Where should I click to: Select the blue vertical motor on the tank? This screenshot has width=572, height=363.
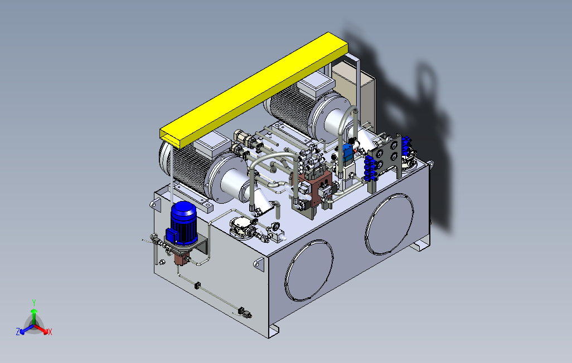pos(182,223)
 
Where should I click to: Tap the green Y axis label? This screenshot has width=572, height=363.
pos(34,302)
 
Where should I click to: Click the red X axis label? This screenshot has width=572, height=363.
pos(50,332)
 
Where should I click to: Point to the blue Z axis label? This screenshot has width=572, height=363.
pos(17,331)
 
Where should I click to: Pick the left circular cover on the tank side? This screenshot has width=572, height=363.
pos(309,271)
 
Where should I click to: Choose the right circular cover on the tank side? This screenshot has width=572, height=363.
pos(390,224)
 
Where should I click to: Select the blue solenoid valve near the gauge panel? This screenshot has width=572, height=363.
pos(348,153)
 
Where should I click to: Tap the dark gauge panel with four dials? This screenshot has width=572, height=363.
pos(387,156)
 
